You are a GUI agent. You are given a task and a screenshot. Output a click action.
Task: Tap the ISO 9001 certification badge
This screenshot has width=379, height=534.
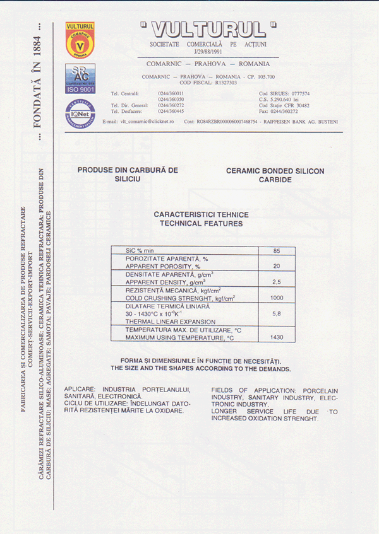(80, 79)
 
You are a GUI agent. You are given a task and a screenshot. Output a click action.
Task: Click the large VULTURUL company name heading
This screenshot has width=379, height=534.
(208, 30)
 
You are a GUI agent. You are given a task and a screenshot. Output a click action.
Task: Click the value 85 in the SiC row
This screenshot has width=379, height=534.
(276, 251)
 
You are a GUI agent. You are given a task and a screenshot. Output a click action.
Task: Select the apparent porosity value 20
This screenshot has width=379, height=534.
(276, 266)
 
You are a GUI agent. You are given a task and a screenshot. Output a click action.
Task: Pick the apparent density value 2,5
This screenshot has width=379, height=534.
(276, 281)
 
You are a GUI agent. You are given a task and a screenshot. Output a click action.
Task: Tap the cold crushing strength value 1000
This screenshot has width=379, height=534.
(276, 297)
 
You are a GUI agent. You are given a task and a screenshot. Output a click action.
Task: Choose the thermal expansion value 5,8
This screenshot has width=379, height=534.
(276, 313)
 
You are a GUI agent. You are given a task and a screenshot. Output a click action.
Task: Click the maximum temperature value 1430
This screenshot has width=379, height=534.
(276, 337)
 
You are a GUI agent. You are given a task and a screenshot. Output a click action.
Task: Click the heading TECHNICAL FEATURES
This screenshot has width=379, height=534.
(201, 223)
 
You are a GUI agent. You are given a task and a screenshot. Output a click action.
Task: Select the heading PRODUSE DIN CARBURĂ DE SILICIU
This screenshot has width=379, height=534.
(128, 175)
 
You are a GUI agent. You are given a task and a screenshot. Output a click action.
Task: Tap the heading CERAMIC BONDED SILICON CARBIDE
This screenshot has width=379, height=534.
(275, 175)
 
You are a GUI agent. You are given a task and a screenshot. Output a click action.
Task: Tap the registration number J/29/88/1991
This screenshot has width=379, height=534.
(208, 52)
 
